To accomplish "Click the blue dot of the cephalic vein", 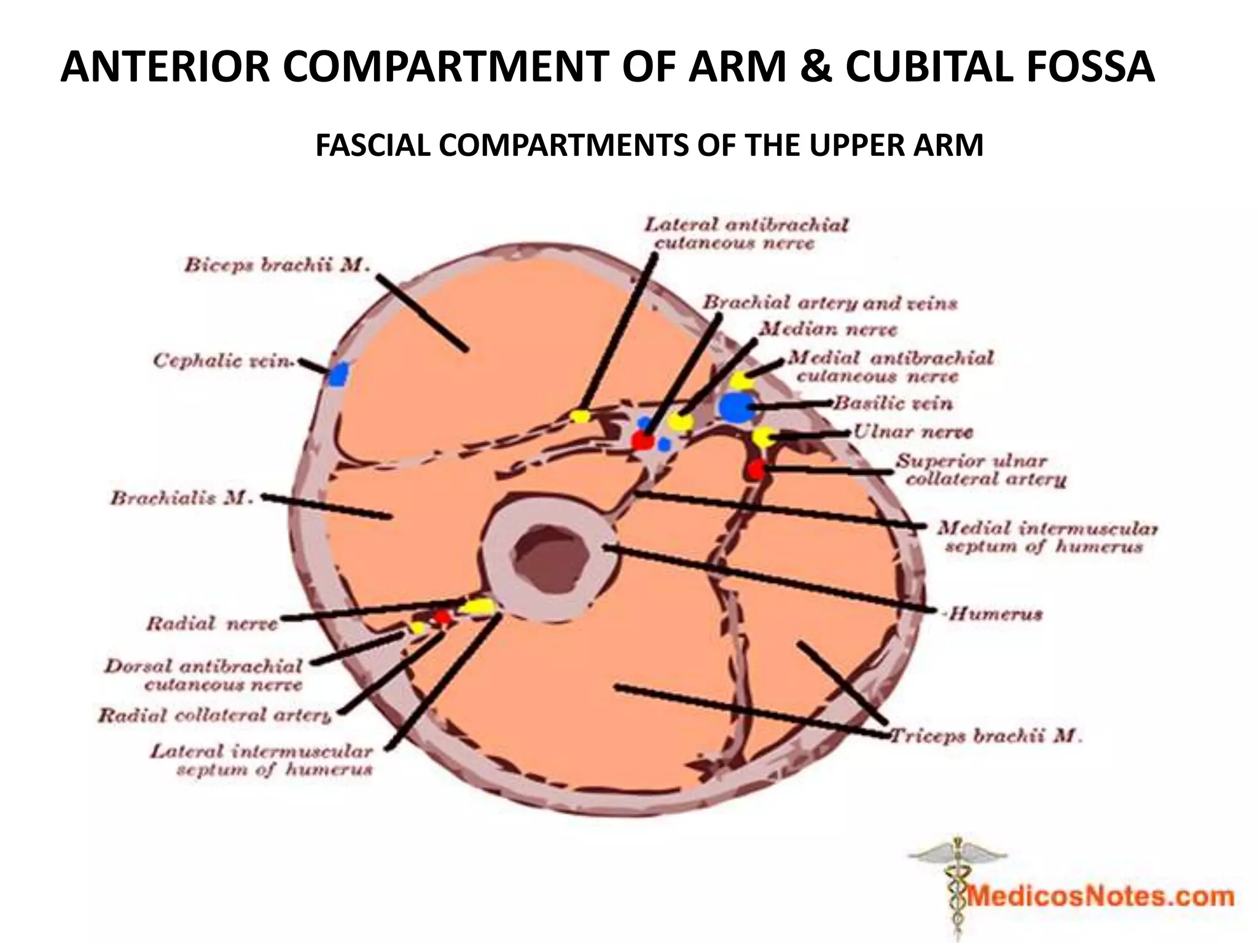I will coord(338,374).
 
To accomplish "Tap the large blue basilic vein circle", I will coord(736,406).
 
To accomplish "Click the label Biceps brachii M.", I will coord(277,266).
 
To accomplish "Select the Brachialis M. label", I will coord(182,498).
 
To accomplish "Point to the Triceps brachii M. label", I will coord(986,735).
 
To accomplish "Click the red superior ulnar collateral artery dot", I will coord(756,469).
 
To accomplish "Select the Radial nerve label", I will coord(212,624).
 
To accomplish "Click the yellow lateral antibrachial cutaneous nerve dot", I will coord(579,416).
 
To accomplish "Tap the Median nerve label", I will coord(828,330).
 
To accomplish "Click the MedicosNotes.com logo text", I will coord(1100,897).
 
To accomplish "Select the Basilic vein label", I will coord(893,403).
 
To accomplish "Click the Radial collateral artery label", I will coord(215,716).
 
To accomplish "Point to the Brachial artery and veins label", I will coord(829,303).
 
